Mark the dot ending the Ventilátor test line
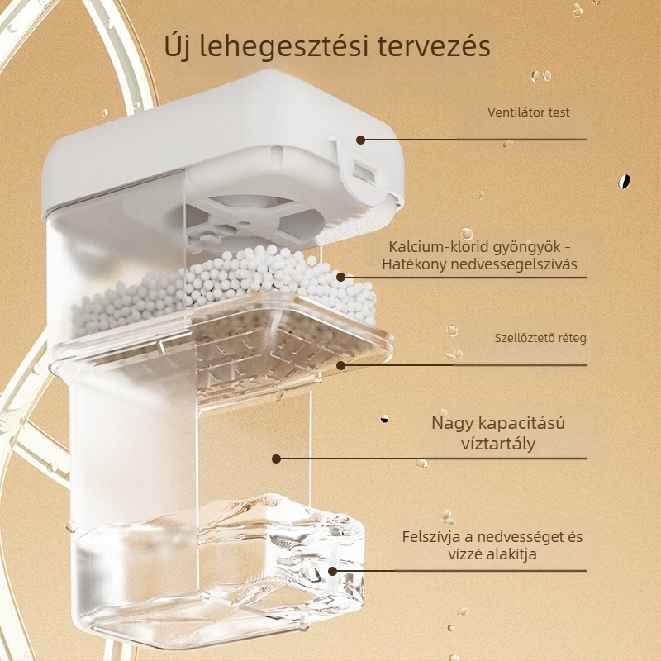coord(360,140)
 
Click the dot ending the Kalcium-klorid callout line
coord(341,278)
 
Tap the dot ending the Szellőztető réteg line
coord(341,364)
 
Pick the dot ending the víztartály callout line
coord(276,459)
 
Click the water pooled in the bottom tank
coord(223,578)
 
